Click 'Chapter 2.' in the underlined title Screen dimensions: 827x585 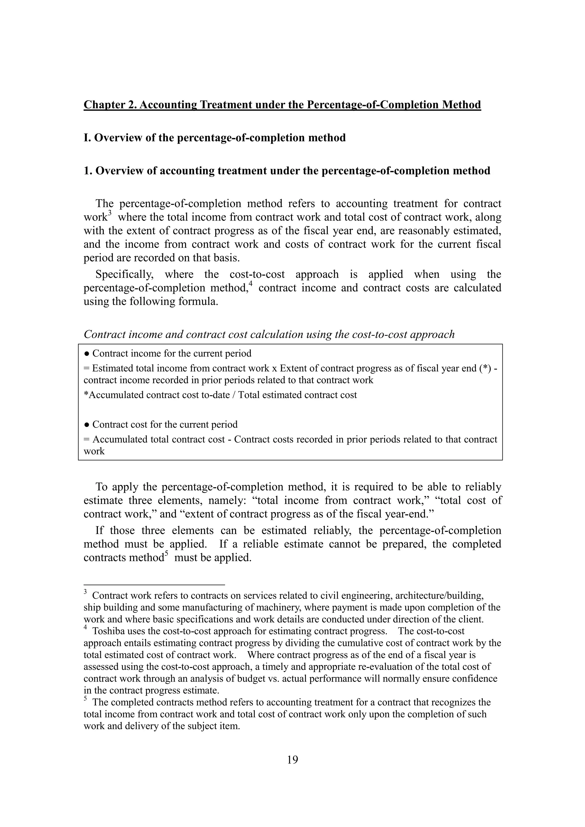109,105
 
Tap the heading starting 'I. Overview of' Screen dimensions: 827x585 214,138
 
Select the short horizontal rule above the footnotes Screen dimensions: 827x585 154,585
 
